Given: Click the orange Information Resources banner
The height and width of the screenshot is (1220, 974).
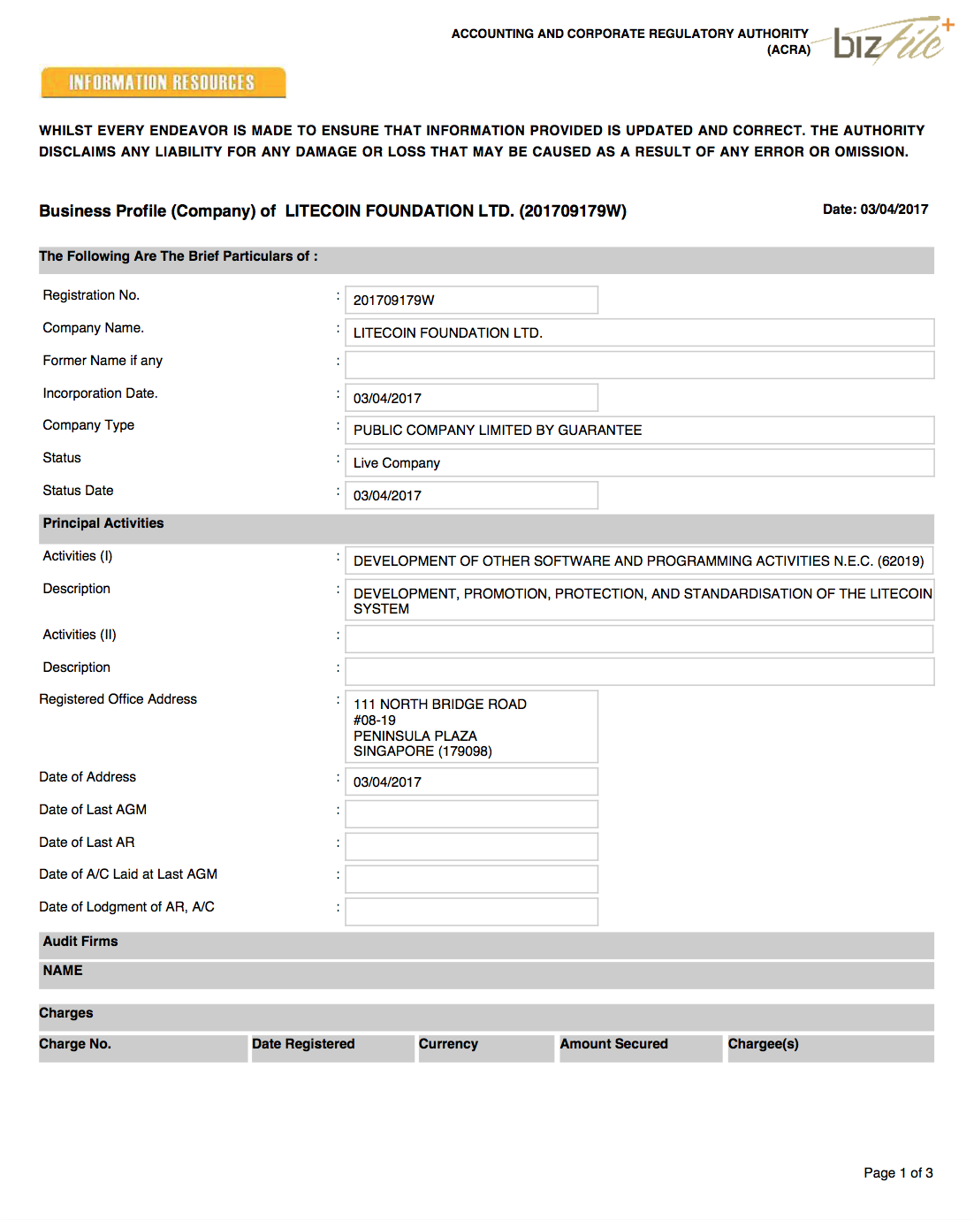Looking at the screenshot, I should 163,82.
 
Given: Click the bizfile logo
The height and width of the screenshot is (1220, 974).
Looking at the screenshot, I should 893,41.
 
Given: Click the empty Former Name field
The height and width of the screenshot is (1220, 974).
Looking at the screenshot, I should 638,365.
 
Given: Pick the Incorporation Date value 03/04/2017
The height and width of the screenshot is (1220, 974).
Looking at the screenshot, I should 387,399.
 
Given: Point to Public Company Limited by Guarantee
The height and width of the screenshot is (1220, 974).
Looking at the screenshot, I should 498,431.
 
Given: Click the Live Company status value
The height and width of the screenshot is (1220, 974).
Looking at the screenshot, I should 397,463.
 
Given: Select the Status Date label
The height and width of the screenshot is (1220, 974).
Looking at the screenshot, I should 78,491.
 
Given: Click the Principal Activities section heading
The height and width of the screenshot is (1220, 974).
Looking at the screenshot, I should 103,523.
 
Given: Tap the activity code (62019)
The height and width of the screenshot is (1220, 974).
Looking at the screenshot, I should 901,561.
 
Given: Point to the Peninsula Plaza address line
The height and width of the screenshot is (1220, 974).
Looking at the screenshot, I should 415,736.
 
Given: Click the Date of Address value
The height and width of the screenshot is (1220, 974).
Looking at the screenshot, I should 387,782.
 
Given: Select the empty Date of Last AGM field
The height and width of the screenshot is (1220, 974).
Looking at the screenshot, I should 471,814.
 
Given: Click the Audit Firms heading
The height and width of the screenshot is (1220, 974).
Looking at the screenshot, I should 80,942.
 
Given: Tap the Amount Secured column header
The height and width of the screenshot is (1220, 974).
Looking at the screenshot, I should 613,1044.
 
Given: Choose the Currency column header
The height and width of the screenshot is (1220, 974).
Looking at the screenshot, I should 448,1044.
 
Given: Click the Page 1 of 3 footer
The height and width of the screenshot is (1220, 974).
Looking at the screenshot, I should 898,1173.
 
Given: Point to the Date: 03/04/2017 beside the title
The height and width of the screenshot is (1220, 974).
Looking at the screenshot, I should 875,210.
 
